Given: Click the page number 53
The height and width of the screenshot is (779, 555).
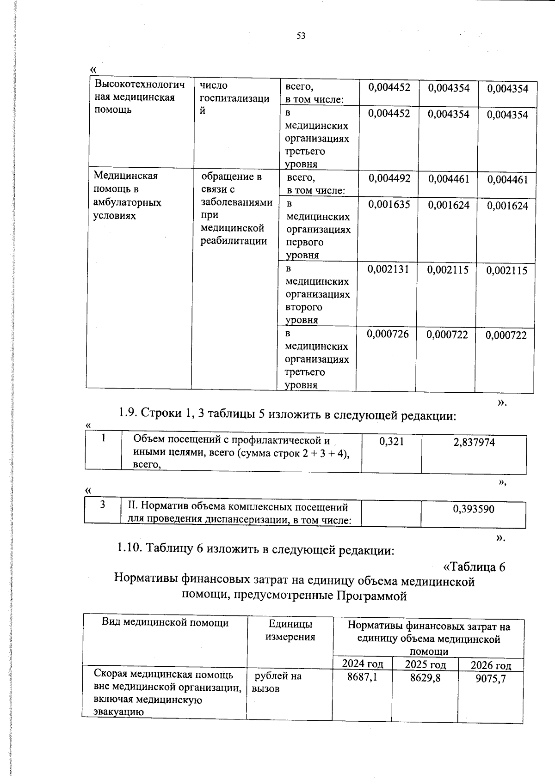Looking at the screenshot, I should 301,36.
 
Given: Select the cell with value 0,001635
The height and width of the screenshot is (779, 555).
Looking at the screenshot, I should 388,205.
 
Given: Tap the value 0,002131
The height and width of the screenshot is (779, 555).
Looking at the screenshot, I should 388,269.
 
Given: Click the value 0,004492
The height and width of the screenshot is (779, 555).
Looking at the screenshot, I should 389,178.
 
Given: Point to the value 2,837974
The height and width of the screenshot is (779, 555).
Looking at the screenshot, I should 474,443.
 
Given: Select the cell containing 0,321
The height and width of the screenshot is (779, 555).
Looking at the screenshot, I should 391,442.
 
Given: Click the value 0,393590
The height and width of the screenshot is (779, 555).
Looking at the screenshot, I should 473,509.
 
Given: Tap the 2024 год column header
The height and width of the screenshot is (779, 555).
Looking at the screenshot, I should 362,664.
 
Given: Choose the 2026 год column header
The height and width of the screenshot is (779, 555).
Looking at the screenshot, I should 491,665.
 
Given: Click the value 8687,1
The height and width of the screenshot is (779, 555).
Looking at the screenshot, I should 362,677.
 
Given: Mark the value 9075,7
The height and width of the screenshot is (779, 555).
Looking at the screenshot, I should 491,679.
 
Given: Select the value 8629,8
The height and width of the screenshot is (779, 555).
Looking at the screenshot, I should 425,678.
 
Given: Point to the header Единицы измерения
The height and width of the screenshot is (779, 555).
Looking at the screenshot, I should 290,631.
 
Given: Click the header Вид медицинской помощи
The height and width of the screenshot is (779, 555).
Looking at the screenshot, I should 165,623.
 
